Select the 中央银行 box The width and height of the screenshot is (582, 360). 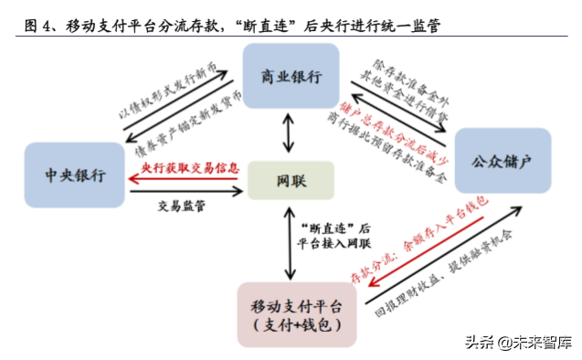click(x=75, y=174)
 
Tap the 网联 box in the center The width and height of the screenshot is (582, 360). click(x=291, y=181)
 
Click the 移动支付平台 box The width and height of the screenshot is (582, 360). click(x=290, y=314)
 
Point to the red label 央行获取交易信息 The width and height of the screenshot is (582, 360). click(x=190, y=169)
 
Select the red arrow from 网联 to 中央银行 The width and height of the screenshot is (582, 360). click(x=187, y=180)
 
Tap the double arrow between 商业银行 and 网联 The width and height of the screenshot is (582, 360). click(x=291, y=133)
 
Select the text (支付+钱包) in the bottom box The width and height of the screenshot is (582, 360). click(x=290, y=326)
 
